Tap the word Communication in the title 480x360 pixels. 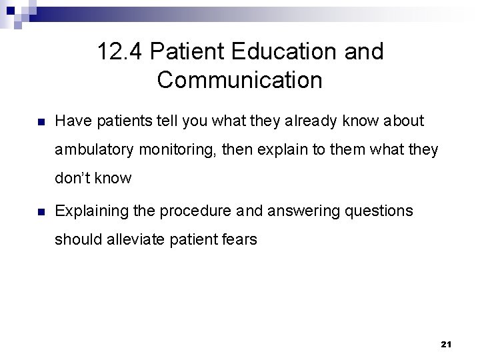[240, 81]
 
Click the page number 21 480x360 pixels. [446, 344]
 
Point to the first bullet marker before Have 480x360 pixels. [41, 122]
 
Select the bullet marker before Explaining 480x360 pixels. [41, 212]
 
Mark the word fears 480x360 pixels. [236, 239]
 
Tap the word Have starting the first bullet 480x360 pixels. [72, 121]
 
